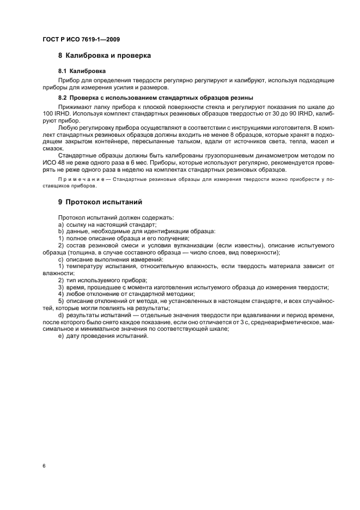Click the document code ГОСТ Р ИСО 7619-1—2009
pyautogui.click(x=81, y=40)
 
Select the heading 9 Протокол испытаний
pyautogui.click(x=100, y=202)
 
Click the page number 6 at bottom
pyautogui.click(x=44, y=466)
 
